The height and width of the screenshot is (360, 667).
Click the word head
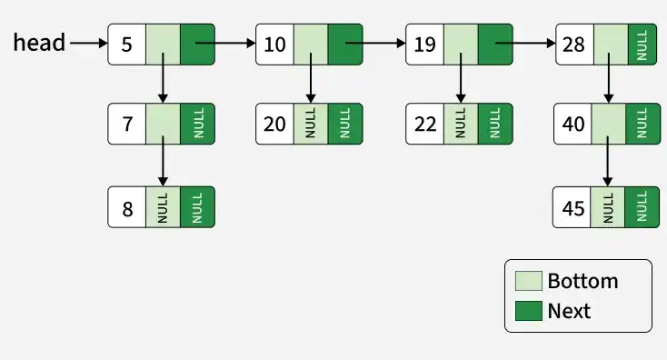(39, 43)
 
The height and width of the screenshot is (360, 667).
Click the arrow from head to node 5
(88, 43)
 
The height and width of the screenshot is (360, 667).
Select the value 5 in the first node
(126, 45)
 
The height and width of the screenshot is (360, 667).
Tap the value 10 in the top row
(274, 45)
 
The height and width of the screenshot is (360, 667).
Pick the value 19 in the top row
(424, 45)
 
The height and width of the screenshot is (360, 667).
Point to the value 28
(573, 45)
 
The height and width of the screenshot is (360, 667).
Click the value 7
(127, 124)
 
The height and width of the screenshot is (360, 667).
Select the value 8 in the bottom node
(127, 209)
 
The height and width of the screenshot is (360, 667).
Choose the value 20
(274, 124)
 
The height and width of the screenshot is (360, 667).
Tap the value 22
(425, 124)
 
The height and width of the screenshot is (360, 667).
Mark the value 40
(573, 124)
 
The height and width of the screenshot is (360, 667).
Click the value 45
(573, 208)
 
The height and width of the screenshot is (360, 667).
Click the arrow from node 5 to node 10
(225, 43)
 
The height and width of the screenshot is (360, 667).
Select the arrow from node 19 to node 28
(525, 43)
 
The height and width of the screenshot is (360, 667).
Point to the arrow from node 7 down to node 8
(163, 161)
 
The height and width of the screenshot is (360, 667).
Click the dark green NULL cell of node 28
(642, 45)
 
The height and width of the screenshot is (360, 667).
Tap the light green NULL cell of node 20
(311, 124)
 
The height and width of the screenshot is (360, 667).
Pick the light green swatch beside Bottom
(528, 281)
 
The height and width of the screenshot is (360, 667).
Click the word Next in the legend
(569, 311)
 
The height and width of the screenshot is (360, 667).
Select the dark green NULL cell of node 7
(198, 124)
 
